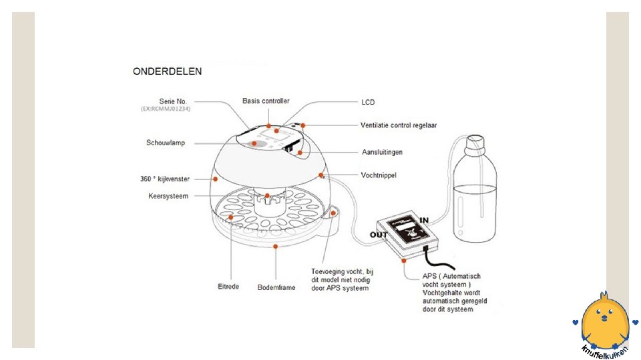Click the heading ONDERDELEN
click(168, 70)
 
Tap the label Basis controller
click(266, 101)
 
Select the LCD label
click(368, 103)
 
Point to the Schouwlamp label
click(166, 143)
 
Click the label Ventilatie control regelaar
click(399, 125)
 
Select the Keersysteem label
click(168, 196)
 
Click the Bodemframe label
click(276, 288)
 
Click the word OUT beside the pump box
click(379, 235)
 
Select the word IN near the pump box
click(423, 219)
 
